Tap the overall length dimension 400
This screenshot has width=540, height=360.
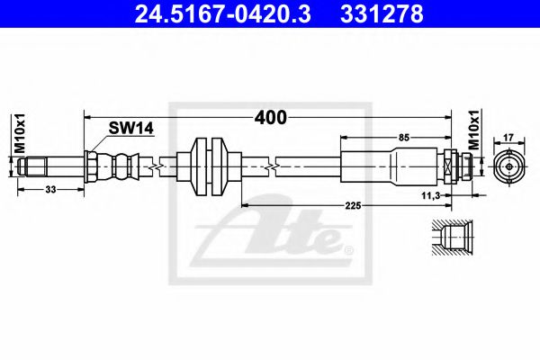[x=269, y=117]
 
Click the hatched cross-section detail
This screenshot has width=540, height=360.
[x=448, y=238]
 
